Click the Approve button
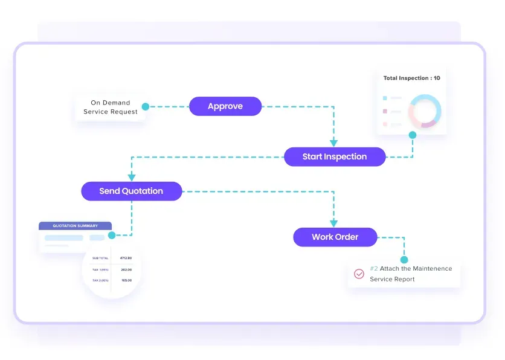[x=225, y=106]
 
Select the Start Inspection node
[x=335, y=156]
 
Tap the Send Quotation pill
[x=131, y=191]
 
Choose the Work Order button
[x=335, y=237]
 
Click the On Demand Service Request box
[x=111, y=108]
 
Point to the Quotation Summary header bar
[x=75, y=226]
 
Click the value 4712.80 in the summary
[x=126, y=258]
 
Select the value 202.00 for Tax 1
[x=126, y=269]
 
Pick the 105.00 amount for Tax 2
[x=126, y=280]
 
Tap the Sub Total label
[x=99, y=258]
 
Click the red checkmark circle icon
[x=359, y=274]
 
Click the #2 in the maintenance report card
[x=374, y=268]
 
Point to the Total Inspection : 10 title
[x=411, y=78]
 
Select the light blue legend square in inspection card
[x=384, y=97]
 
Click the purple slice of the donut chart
[x=428, y=124]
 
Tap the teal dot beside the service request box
[x=146, y=107]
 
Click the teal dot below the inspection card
[x=413, y=135]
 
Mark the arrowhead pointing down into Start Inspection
[x=333, y=143]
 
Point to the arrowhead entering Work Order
[x=333, y=223]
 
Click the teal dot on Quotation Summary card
[x=112, y=235]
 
